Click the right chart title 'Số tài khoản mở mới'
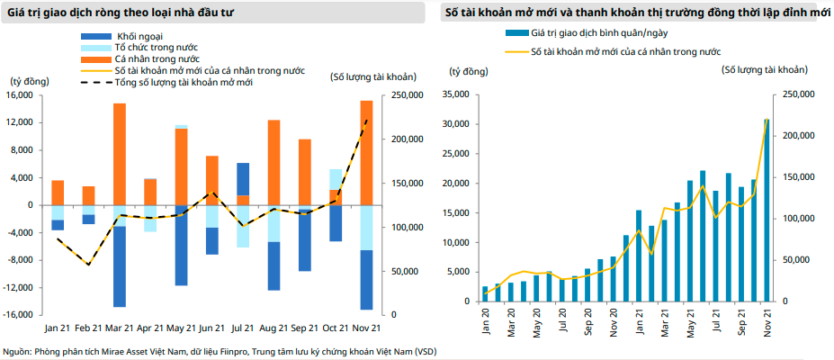pyautogui.click(x=503, y=13)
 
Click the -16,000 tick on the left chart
pyautogui.click(x=19, y=314)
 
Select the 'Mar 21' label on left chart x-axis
pyautogui.click(x=119, y=328)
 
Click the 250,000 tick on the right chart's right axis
pyautogui.click(x=799, y=94)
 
